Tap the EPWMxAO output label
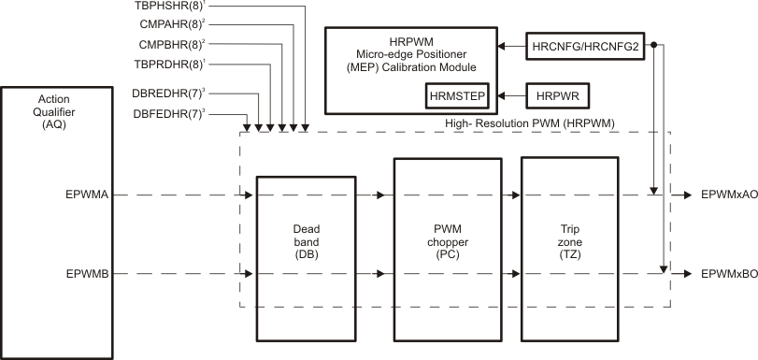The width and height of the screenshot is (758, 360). [722, 195]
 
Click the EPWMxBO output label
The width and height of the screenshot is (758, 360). [722, 274]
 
